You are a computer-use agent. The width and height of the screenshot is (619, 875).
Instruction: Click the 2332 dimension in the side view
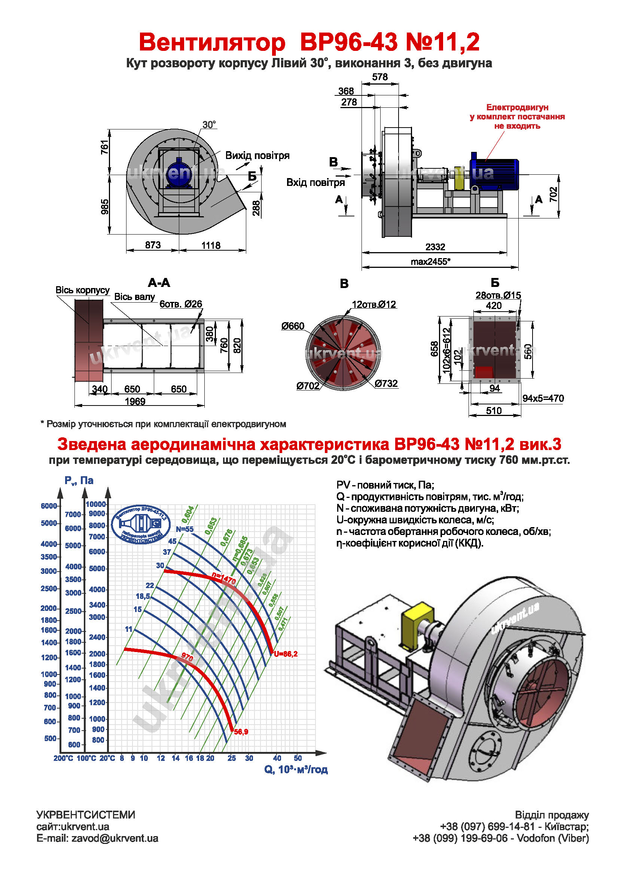[x=435, y=247]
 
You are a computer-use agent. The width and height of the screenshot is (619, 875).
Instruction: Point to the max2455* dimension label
[x=430, y=262]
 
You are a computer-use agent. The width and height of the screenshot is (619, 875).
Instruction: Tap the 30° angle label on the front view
[x=209, y=125]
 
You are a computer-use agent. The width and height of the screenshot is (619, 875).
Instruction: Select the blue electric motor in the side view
[x=494, y=175]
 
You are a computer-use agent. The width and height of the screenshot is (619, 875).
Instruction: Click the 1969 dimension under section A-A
[x=135, y=401]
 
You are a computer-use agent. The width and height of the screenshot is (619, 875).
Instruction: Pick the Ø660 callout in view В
[x=293, y=326]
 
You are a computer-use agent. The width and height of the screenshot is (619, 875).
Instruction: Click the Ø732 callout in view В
[x=386, y=383]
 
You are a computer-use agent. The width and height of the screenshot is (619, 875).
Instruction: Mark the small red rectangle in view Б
[x=484, y=372]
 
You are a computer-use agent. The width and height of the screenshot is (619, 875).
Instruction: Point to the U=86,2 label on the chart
[x=286, y=654]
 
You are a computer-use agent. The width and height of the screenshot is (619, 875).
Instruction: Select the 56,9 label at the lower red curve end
[x=241, y=732]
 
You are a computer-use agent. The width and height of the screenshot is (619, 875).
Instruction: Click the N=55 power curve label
[x=185, y=529]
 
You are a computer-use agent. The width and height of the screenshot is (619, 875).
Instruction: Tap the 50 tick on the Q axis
[x=298, y=758]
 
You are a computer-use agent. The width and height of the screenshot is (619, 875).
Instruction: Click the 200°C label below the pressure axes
[x=63, y=758]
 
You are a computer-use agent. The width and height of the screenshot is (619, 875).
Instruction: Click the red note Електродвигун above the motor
[x=517, y=107]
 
